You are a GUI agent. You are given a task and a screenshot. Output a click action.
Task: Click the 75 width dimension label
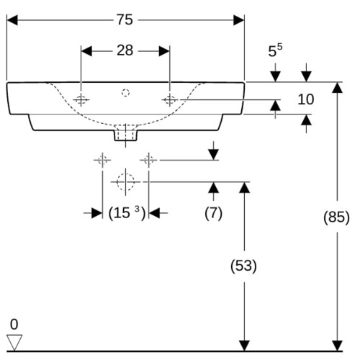(125, 19)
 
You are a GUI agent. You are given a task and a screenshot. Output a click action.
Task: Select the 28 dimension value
(125, 50)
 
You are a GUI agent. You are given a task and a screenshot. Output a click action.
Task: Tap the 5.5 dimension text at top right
(275, 50)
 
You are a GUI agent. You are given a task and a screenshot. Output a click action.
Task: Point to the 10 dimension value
(306, 99)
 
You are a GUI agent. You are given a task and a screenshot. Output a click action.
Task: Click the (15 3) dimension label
(127, 213)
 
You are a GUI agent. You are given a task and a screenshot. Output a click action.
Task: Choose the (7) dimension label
(213, 213)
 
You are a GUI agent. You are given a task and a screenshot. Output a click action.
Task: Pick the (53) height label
(243, 266)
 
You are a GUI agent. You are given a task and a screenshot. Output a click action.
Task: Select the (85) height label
(336, 217)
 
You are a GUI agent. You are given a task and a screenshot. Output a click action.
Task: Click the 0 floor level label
(14, 324)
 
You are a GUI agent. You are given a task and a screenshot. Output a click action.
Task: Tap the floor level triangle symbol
(14, 343)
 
